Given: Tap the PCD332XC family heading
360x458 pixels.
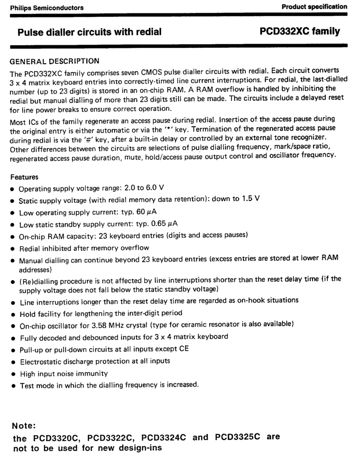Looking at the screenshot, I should (300, 31).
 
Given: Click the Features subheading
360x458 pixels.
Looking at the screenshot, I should (24, 177).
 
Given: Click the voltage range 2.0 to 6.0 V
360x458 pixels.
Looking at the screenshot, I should (145, 188).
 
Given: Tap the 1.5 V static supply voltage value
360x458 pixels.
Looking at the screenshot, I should (251, 199).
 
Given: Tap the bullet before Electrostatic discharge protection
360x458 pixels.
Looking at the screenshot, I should (13, 361).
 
